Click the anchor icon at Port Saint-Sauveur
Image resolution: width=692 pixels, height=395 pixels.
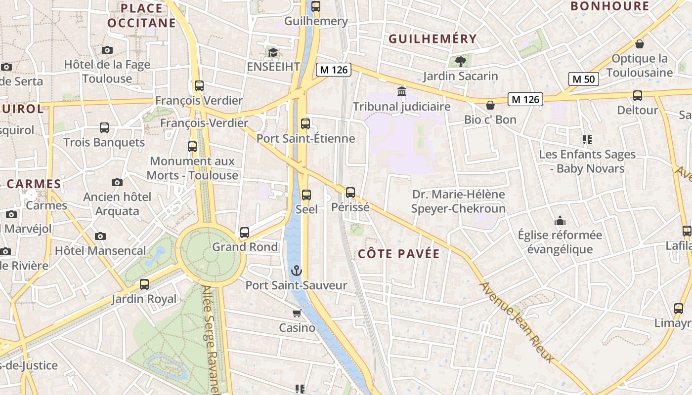[296, 271]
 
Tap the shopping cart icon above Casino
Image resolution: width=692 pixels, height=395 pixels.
[297, 313]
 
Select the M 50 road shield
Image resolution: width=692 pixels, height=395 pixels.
[583, 79]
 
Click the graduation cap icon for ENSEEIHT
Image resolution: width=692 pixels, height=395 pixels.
[273, 52]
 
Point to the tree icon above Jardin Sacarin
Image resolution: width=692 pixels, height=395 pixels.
[461, 61]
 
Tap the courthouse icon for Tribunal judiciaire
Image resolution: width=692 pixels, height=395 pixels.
[402, 92]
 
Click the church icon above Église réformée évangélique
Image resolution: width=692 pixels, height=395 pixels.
[560, 220]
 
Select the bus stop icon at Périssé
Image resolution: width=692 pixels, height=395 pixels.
[350, 193]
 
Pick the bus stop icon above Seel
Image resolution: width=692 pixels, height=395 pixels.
[306, 195]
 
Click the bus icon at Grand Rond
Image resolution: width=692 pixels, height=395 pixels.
[245, 232]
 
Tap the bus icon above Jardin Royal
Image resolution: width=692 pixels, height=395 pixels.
[144, 284]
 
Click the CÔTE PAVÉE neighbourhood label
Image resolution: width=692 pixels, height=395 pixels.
[398, 254]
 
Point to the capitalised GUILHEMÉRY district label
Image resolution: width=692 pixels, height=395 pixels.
[432, 39]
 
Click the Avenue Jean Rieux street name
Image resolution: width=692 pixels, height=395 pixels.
[517, 322]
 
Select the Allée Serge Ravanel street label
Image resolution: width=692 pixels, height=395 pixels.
[211, 341]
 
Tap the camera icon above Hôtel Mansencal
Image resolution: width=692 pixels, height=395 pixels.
[100, 236]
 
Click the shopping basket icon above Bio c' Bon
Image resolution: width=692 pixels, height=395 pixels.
[490, 105]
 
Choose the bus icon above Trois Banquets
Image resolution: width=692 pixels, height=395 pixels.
[104, 128]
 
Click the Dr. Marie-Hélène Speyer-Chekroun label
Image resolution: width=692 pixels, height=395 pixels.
[459, 201]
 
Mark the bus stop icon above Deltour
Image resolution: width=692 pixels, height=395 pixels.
[638, 96]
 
